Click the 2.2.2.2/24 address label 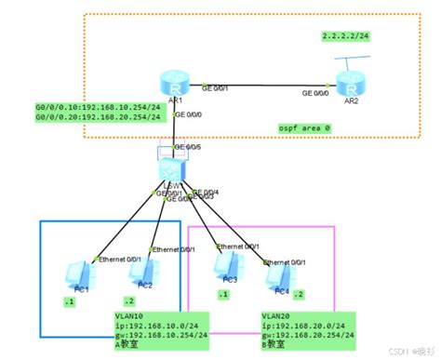click(x=346, y=35)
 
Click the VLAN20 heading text click(x=277, y=316)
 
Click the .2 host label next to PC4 click(x=299, y=293)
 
